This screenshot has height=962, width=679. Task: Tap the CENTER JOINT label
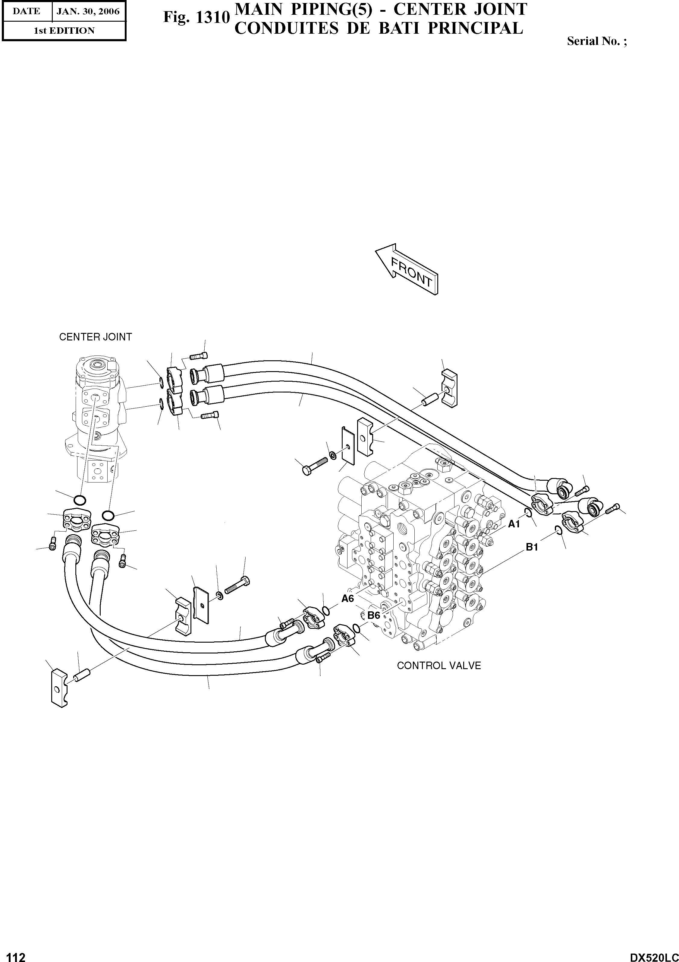tap(95, 337)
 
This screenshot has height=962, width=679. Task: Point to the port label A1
tap(514, 524)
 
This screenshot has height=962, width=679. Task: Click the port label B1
tap(532, 547)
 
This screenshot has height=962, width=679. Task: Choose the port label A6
tap(348, 599)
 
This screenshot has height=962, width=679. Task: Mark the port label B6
tap(373, 615)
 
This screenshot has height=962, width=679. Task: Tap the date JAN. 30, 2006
tap(88, 11)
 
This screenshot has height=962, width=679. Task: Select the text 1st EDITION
tap(64, 31)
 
